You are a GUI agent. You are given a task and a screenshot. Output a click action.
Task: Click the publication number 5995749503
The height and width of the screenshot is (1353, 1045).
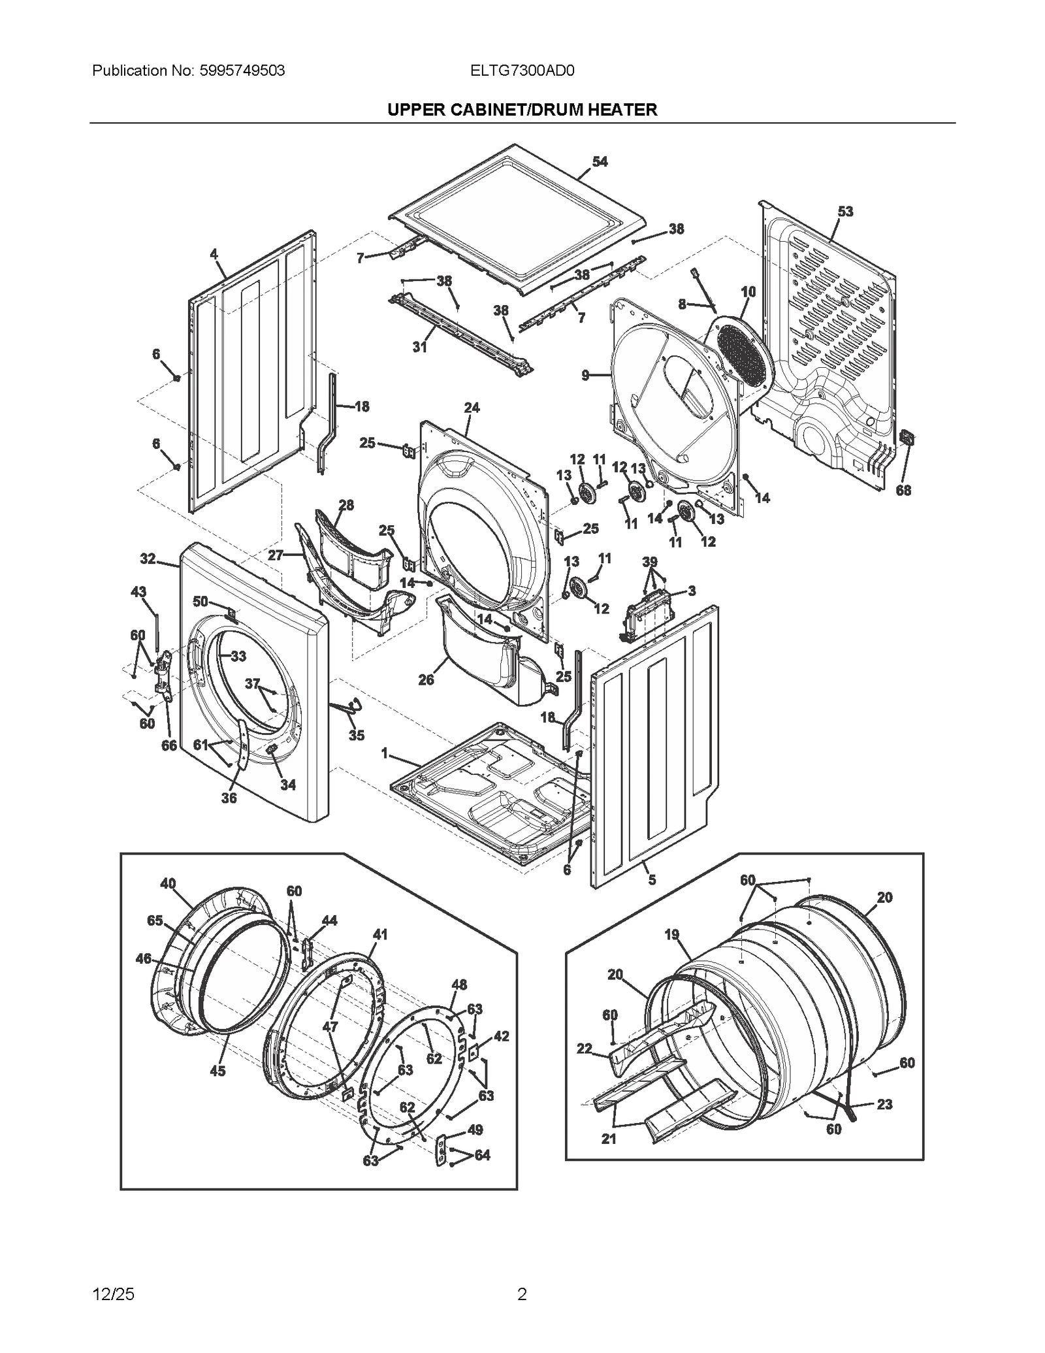point(240,71)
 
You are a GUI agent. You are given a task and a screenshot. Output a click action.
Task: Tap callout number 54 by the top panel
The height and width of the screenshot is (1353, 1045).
point(599,161)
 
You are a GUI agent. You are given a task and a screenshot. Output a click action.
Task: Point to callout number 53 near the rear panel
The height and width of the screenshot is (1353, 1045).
point(845,212)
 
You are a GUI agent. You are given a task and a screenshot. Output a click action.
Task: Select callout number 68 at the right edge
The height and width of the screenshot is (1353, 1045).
point(903,490)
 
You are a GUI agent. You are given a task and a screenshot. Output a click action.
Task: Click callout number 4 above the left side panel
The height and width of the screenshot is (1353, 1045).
point(214,254)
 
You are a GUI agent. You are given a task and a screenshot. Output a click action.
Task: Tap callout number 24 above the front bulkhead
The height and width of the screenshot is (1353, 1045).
point(472,408)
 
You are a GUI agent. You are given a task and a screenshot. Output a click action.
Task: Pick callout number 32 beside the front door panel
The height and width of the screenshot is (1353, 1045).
point(148,559)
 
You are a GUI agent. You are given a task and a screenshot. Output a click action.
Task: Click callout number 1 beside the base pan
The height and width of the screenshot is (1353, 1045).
point(385,754)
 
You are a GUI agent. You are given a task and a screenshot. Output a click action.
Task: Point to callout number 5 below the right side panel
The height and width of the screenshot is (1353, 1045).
point(651,880)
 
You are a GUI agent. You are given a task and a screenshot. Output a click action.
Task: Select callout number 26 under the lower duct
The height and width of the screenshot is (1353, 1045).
point(426,680)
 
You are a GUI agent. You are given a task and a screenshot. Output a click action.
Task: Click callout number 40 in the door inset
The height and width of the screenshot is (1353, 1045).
point(168,883)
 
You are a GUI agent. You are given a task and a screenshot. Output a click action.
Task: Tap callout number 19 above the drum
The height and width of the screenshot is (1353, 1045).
point(672,935)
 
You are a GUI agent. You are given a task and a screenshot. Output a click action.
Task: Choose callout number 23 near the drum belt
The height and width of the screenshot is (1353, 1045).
point(884,1104)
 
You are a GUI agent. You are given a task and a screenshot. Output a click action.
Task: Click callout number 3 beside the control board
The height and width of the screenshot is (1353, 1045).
point(692,591)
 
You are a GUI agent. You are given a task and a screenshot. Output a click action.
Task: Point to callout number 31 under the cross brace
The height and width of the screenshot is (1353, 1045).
point(419,347)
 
